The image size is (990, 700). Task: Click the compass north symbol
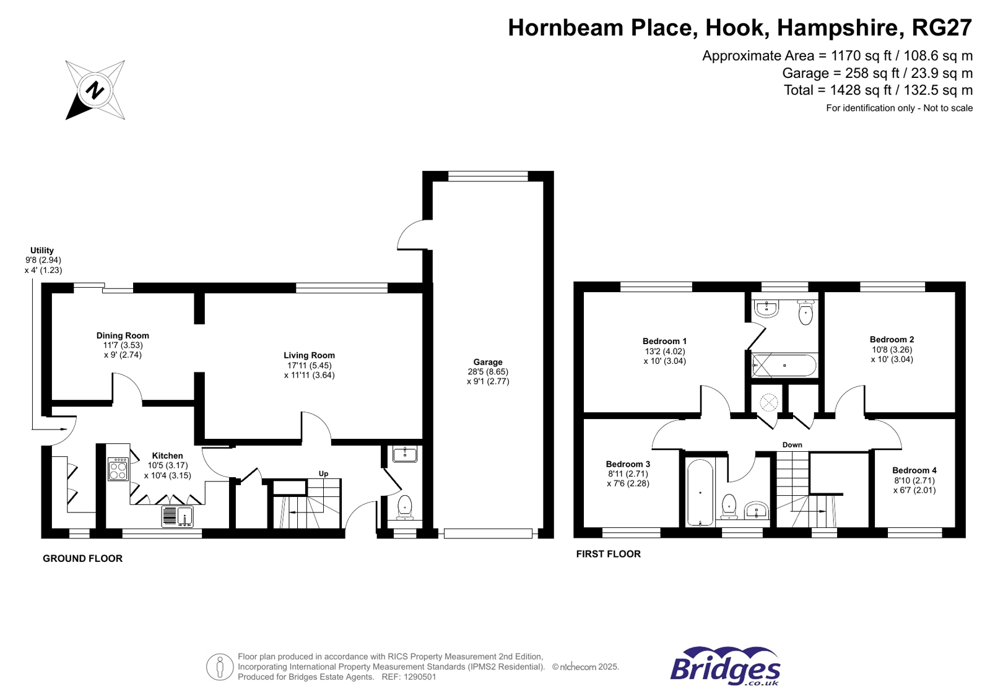click(95, 90)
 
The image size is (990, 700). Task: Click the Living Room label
click(309, 355)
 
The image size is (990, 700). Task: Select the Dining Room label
click(123, 336)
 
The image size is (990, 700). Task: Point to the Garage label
click(488, 362)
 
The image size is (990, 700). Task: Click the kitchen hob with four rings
click(118, 469)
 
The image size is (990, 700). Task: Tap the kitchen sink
click(178, 516)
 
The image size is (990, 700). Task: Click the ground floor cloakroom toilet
click(404, 508)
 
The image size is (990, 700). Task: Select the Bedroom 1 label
click(664, 341)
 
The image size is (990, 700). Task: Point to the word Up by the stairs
click(324, 473)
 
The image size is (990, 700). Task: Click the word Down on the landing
click(792, 444)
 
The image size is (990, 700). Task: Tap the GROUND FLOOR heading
click(82, 559)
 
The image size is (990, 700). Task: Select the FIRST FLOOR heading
click(608, 554)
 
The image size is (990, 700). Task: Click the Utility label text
click(42, 250)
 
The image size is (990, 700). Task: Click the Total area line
click(878, 90)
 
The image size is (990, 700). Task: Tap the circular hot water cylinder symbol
click(768, 402)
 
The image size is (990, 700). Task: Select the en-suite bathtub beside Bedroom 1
click(784, 365)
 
